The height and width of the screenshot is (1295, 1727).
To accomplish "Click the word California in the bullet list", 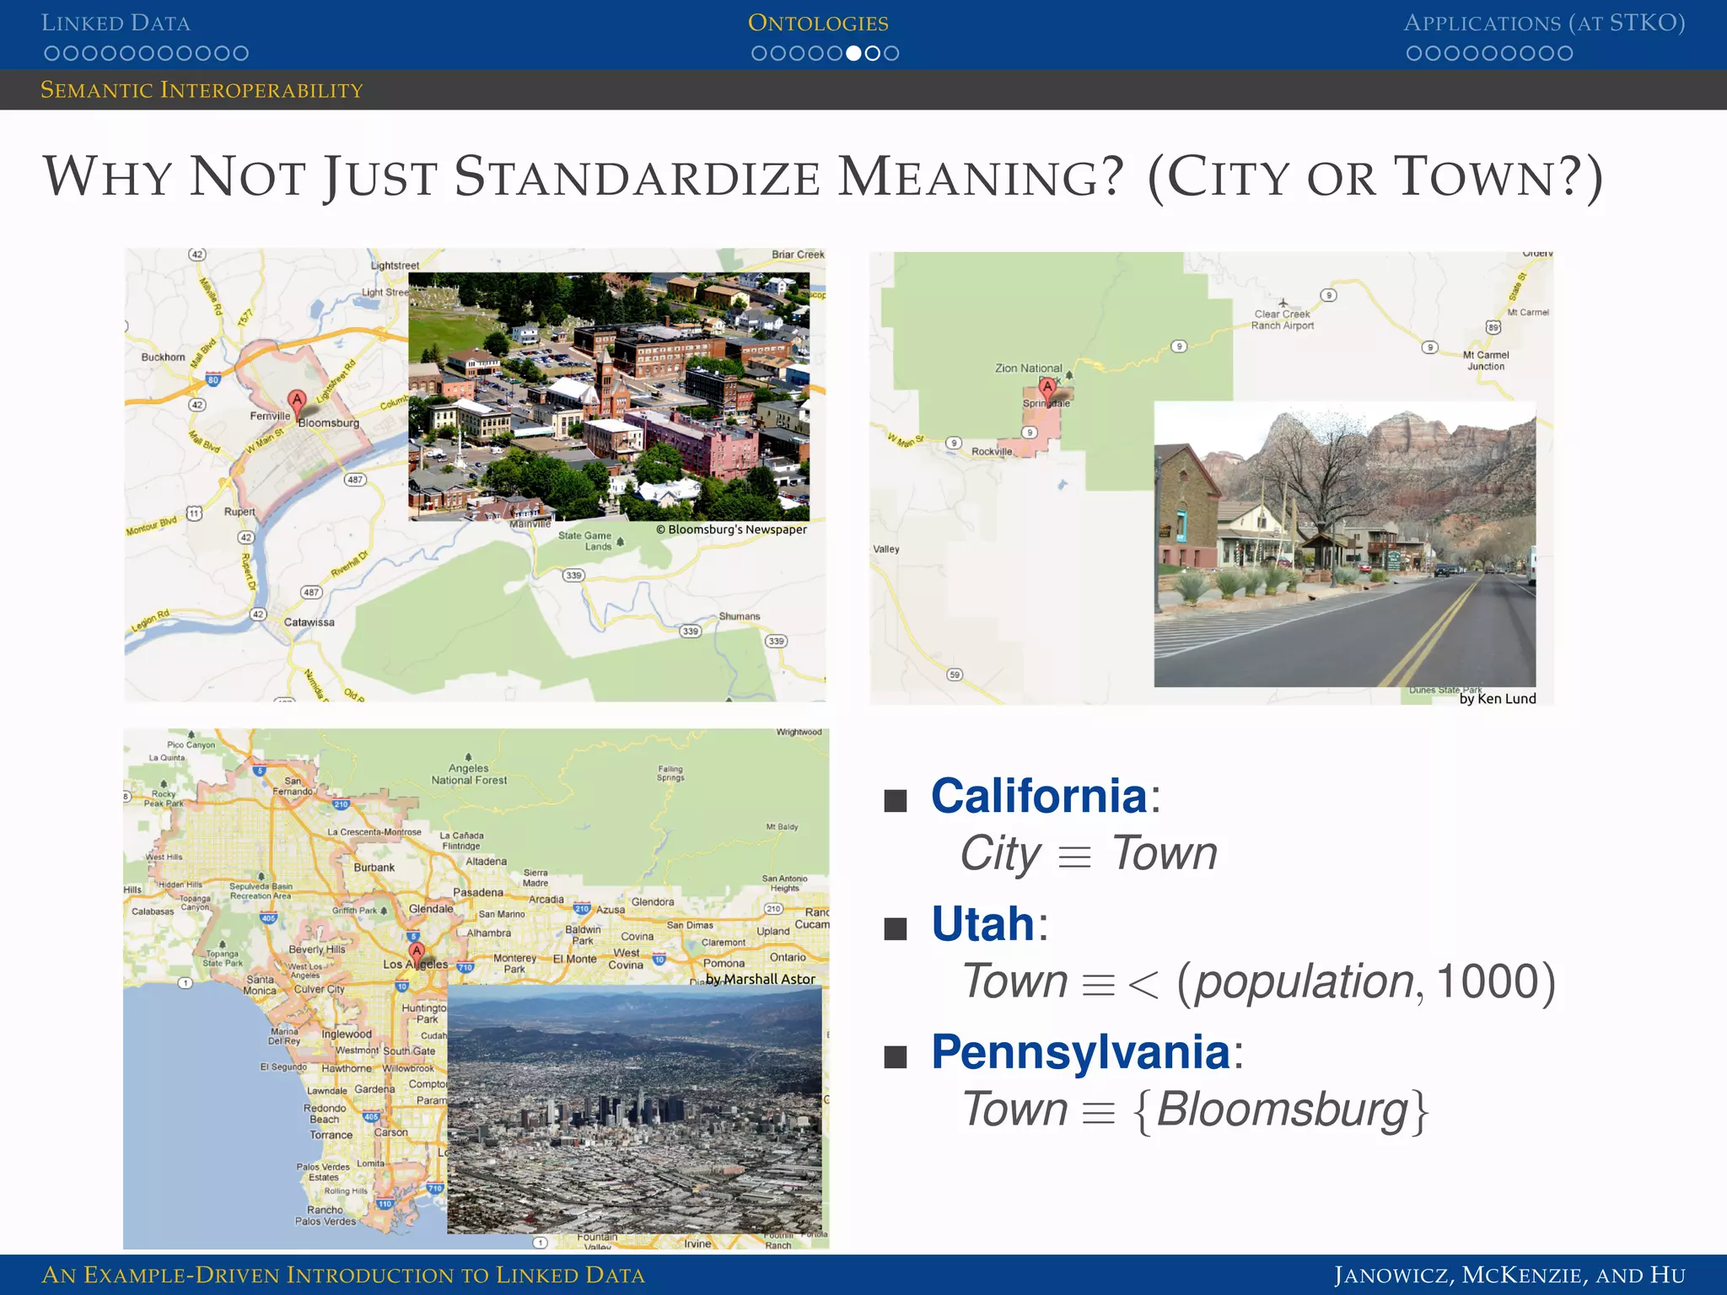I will point(1039,796).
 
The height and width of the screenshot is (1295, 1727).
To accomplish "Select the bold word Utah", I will point(982,924).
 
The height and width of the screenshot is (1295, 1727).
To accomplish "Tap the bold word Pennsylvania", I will point(1081,1052).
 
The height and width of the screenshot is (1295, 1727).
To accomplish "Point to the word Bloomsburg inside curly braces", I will point(1282,1110).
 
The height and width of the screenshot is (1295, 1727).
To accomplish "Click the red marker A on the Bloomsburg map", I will point(296,400).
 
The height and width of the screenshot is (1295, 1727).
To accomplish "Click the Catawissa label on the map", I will point(309,622).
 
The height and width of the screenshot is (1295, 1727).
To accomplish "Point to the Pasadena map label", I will point(478,892).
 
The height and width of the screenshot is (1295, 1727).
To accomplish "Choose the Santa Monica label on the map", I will point(260,985).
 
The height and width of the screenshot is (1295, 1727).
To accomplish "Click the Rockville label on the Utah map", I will point(992,452).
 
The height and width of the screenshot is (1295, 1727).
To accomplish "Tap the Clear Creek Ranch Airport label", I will point(1282,320).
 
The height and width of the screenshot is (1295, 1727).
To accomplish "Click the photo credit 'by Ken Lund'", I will point(1498,699).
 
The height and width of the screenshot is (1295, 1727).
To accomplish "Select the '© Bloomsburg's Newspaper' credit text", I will point(731,529).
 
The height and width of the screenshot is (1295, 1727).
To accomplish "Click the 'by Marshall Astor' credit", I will point(761,979).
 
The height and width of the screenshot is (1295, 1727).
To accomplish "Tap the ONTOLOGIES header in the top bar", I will point(818,23).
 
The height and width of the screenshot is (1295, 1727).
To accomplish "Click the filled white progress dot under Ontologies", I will point(853,54).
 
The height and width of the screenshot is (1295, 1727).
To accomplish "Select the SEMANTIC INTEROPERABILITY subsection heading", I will point(202,90).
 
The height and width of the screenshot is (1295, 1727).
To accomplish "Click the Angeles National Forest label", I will point(469,774).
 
